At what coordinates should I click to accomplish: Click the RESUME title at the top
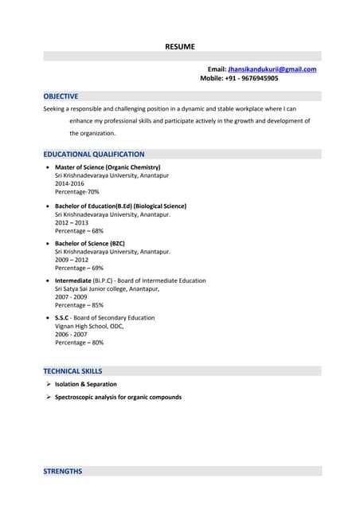click(x=179, y=46)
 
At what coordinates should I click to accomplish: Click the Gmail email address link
click(x=272, y=69)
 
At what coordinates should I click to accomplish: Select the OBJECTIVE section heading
click(x=61, y=96)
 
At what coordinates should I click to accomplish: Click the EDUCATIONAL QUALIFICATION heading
click(x=94, y=154)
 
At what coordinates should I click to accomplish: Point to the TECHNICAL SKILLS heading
click(x=72, y=371)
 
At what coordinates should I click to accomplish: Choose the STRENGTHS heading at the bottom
click(x=62, y=471)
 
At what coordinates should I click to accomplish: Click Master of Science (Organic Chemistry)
click(x=108, y=167)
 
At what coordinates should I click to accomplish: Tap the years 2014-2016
click(x=69, y=183)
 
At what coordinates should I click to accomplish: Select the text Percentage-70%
click(x=76, y=192)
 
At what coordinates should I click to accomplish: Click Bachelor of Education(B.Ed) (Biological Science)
click(x=121, y=206)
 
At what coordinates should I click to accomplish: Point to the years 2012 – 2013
click(x=71, y=222)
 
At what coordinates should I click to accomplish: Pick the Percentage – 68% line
click(x=79, y=231)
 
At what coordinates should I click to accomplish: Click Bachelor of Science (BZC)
click(x=90, y=243)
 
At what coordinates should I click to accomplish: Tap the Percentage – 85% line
click(x=79, y=305)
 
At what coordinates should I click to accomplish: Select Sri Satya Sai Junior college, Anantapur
click(x=107, y=288)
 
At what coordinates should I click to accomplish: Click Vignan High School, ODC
click(x=89, y=326)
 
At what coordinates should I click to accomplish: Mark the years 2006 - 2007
click(x=71, y=334)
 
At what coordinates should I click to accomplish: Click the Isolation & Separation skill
click(x=85, y=384)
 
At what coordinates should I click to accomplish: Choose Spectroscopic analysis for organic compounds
click(x=118, y=397)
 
